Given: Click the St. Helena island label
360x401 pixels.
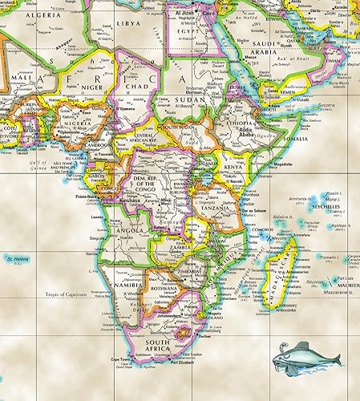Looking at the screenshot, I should click(x=18, y=259).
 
